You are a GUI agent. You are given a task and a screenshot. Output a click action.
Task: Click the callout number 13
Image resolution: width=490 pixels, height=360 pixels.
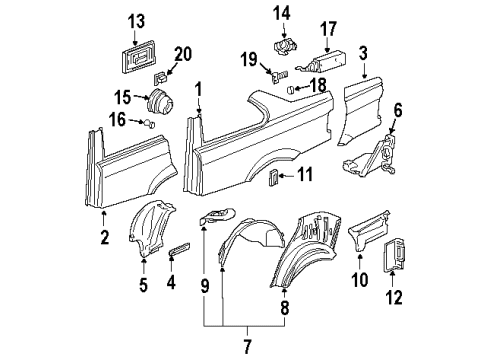137,21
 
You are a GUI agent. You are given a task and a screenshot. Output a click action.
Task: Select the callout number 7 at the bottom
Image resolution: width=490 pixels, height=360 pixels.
247,346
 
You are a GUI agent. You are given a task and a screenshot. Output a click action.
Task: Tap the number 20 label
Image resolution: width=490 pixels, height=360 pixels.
183,54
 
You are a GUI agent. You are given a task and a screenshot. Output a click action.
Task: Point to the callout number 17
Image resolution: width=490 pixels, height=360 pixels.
328,29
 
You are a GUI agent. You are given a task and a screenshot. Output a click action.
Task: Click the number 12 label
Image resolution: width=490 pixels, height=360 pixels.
394,297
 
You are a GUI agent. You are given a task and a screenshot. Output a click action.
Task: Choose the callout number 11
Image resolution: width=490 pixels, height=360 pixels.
305,174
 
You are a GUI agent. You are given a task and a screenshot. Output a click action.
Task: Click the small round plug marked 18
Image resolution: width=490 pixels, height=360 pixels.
290,89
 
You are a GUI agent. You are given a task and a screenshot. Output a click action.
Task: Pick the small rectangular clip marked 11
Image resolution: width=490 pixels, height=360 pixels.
273,176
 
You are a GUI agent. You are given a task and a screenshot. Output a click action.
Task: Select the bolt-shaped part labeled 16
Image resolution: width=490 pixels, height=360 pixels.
149,124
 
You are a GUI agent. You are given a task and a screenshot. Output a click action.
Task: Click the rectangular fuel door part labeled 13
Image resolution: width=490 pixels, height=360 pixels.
138,56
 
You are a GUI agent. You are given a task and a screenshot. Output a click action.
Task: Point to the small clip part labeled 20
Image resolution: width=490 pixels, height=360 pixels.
160,78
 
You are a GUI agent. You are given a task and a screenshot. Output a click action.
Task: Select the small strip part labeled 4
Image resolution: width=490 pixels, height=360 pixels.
179,248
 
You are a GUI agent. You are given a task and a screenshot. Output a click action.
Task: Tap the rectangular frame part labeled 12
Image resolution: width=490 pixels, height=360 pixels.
394,255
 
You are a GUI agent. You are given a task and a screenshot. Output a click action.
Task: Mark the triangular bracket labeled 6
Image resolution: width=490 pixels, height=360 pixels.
370,157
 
